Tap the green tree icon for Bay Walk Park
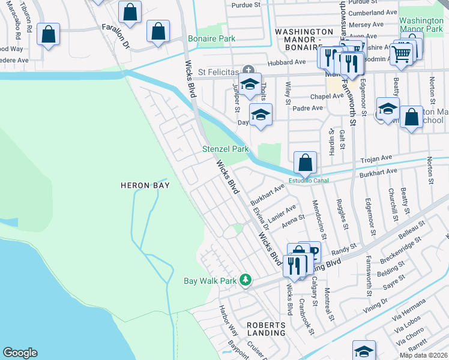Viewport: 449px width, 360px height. coord(245,280)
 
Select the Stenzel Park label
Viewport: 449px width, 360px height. coord(225,149)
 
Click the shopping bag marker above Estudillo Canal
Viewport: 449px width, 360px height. coord(306,162)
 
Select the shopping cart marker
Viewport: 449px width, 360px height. coord(401,55)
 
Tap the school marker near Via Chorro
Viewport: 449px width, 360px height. coord(364,350)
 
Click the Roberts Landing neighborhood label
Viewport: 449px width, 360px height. coord(267,328)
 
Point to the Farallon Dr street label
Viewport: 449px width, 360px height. coord(115,37)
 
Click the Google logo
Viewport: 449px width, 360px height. coord(20,353)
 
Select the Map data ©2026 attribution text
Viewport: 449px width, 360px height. coord(423,355)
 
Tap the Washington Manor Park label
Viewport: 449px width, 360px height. coord(422,24)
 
